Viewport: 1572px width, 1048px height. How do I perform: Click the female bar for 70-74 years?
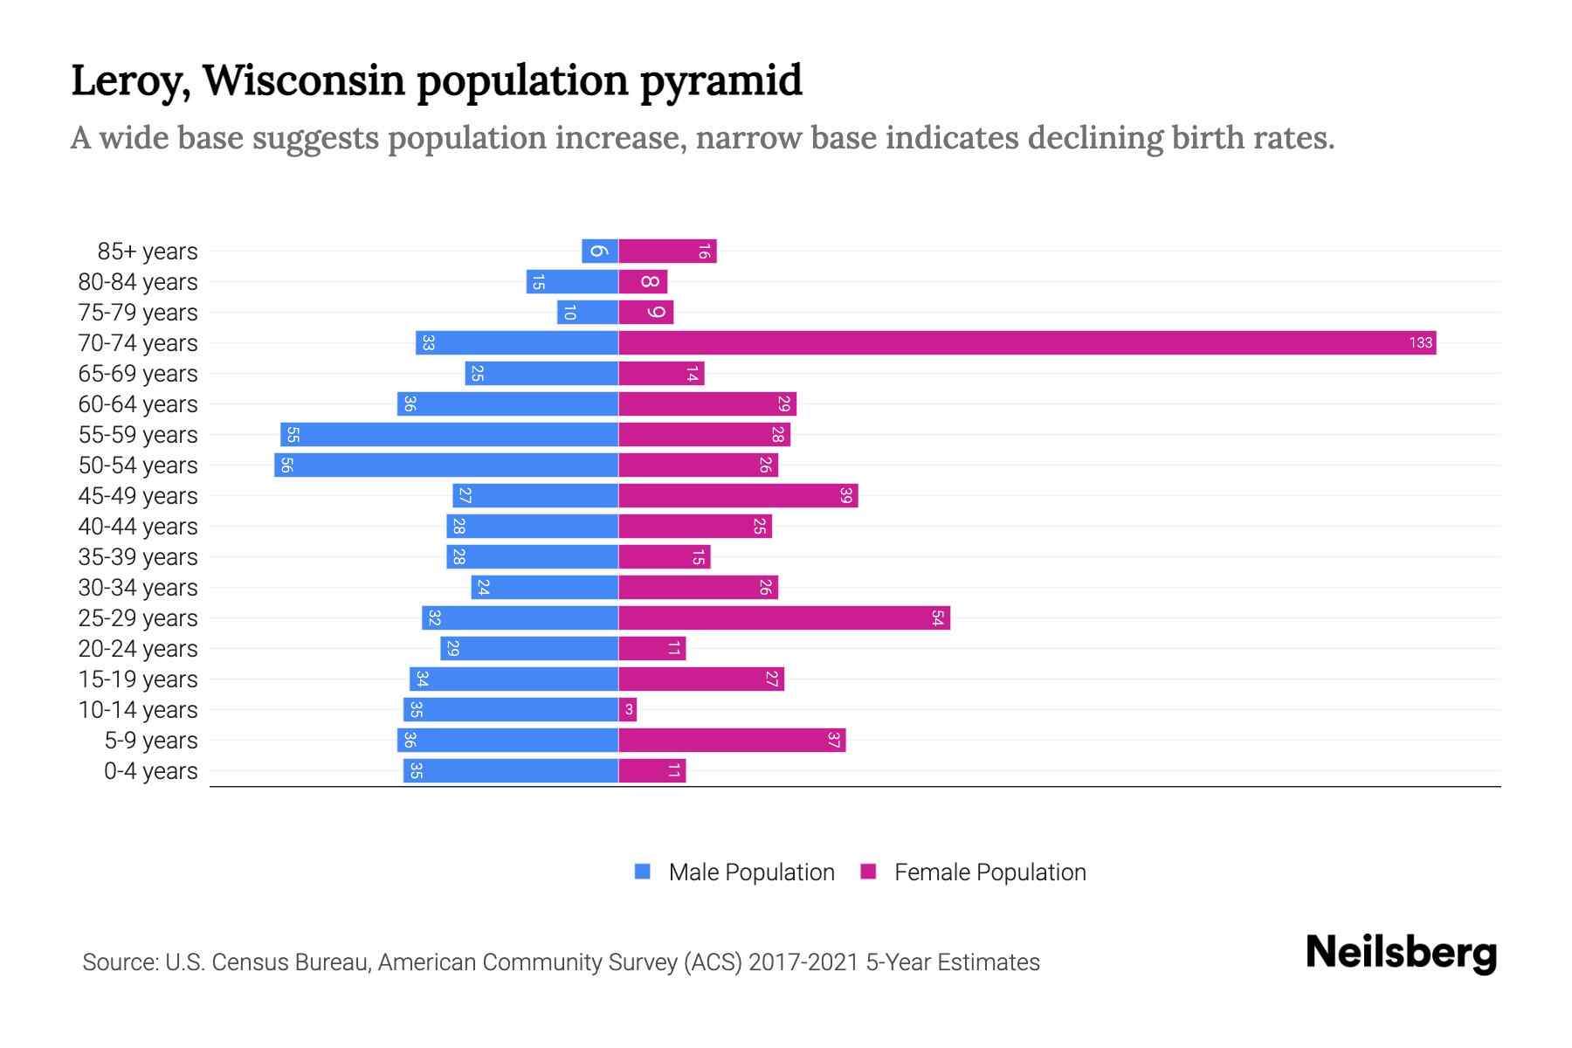tap(1027, 342)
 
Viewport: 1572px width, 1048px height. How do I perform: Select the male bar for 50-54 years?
tap(446, 465)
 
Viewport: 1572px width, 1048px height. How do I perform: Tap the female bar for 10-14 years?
tap(627, 709)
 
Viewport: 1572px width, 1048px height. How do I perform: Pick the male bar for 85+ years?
tap(600, 251)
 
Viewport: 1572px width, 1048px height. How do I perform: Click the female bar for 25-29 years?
tap(784, 617)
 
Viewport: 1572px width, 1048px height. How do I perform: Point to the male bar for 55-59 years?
tap(449, 434)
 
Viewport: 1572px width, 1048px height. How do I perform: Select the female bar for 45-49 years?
tap(738, 495)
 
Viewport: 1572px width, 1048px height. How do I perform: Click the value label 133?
tap(1421, 342)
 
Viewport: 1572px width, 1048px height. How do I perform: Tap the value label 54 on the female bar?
tap(937, 617)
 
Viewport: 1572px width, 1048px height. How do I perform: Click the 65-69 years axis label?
tap(138, 374)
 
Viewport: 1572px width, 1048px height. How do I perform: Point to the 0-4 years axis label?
tap(150, 771)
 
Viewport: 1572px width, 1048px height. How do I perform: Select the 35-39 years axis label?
tap(138, 557)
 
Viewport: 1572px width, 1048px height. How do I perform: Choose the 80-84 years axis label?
tap(138, 282)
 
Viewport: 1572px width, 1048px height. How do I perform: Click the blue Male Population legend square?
tap(643, 872)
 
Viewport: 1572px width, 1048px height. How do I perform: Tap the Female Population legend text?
tap(989, 872)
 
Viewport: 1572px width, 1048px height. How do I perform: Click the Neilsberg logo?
tap(1401, 953)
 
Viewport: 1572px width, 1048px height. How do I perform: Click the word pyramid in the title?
tap(720, 80)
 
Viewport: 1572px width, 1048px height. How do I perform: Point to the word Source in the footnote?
tap(119, 962)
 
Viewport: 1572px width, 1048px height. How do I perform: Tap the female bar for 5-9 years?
tap(732, 740)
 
